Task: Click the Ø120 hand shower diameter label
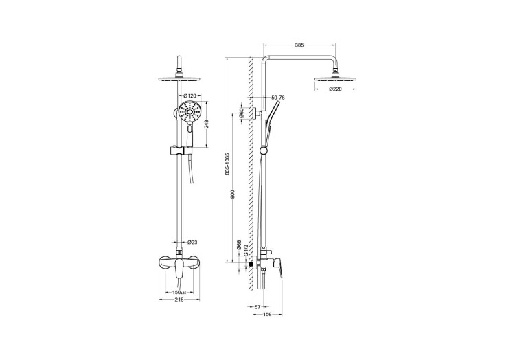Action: click(190, 95)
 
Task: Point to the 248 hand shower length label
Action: click(206, 124)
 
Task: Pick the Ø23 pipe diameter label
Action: click(193, 243)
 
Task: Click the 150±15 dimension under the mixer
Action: click(182, 292)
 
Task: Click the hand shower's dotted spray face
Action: click(188, 111)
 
